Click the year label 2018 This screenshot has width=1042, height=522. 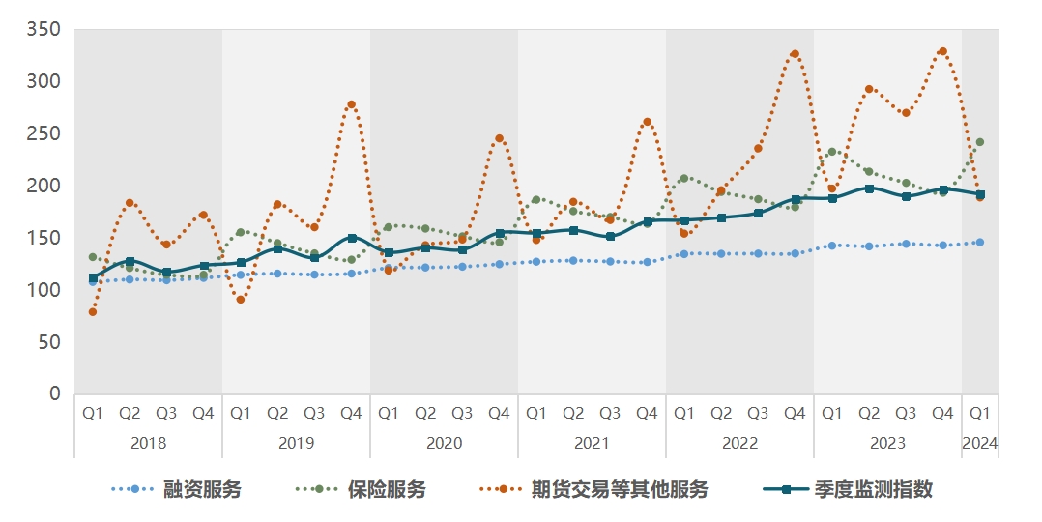click(x=148, y=443)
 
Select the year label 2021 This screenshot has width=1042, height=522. click(x=592, y=443)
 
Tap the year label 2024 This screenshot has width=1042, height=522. click(x=979, y=443)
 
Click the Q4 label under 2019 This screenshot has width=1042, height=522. click(x=351, y=413)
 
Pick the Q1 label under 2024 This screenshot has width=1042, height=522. click(x=979, y=413)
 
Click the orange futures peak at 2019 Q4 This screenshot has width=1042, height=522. click(x=351, y=104)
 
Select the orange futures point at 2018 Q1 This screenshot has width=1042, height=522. click(x=93, y=312)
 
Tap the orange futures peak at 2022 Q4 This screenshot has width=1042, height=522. click(x=795, y=54)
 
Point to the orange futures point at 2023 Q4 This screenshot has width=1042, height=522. click(x=942, y=51)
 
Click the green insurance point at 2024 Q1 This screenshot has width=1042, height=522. click(x=979, y=142)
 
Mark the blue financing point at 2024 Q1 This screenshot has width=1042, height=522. click(x=979, y=243)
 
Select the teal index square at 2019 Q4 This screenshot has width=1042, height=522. click(x=351, y=238)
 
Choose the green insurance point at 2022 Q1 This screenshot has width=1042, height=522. click(x=683, y=178)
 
